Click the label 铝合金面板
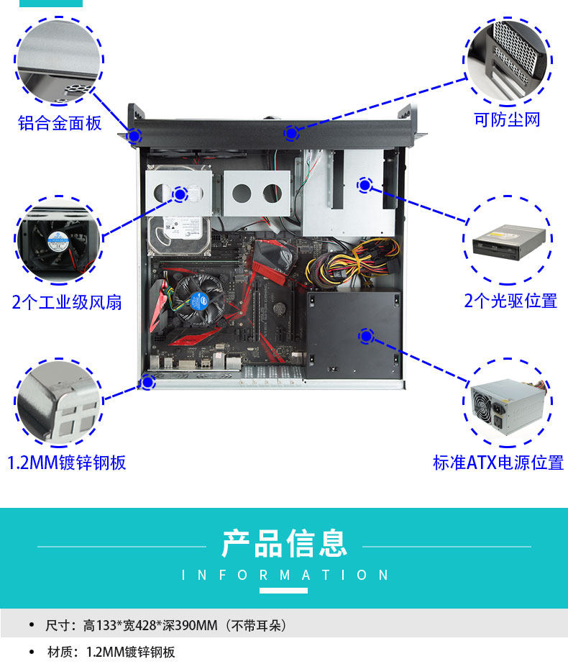point(60,123)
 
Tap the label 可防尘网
point(507,119)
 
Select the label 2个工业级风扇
point(67,302)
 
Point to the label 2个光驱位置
point(510,301)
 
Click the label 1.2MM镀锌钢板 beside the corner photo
point(67,462)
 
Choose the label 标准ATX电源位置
point(498,462)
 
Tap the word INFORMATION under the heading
point(285,576)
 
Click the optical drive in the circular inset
point(508,242)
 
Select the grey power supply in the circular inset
point(507,408)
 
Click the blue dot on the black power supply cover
point(366,335)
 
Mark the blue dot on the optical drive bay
point(365,185)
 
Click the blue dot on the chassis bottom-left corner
point(148,382)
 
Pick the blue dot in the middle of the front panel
point(291,133)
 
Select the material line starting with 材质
point(111,652)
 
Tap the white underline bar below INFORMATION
point(283,591)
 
